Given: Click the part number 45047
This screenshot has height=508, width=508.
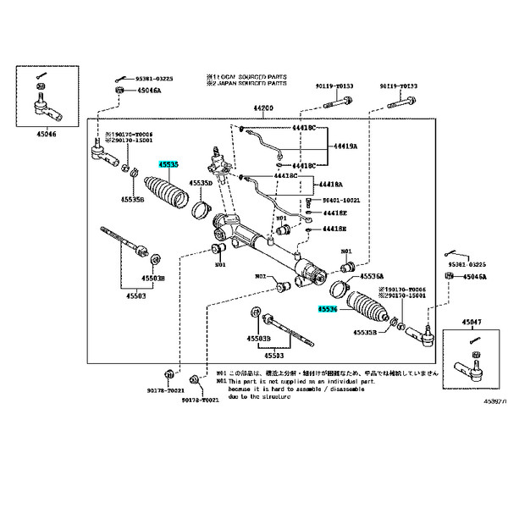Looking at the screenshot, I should point(472,323).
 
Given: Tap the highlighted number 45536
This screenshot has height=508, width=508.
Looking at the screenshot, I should point(328,311).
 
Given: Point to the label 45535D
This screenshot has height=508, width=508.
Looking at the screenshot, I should point(202,183).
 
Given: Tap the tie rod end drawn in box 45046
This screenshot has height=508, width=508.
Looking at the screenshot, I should point(39,107).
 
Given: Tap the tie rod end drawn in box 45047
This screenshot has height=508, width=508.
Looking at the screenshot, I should point(470,365).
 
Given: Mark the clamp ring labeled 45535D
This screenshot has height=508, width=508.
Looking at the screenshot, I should point(202,207).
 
